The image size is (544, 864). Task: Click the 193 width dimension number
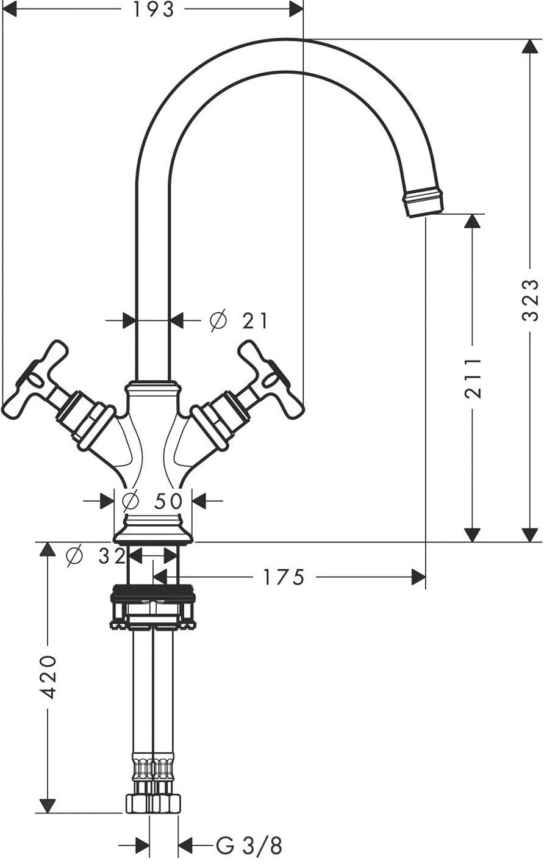pos(154,10)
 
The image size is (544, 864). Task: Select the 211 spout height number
pos(473,378)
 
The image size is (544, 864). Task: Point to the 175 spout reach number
pos(284,577)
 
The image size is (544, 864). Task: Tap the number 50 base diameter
pos(168,501)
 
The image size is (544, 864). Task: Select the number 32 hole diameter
pos(112,556)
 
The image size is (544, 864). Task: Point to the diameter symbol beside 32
pos(74,556)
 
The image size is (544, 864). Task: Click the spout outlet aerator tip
pos(423,202)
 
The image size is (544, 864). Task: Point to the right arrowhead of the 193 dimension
pos(296,10)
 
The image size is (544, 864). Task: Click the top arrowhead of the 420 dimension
pos(48,550)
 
